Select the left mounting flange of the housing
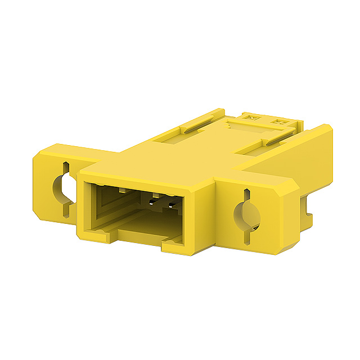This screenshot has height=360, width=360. pyautogui.click(x=54, y=180)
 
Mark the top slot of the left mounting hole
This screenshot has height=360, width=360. pyautogui.click(x=66, y=168)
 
